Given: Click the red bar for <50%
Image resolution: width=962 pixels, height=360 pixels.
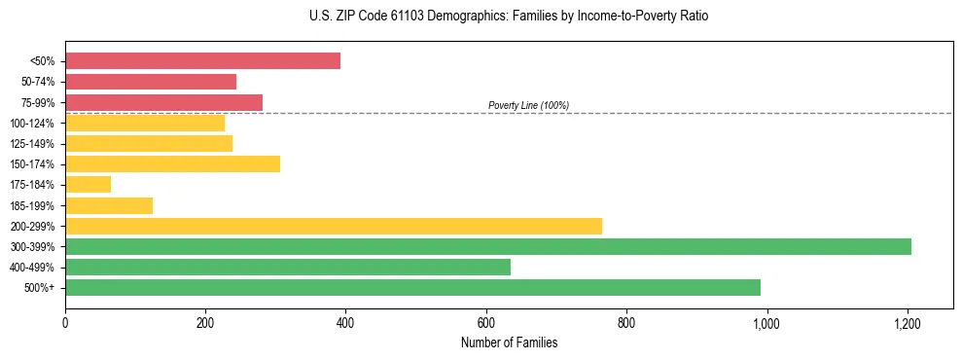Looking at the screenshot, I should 202,61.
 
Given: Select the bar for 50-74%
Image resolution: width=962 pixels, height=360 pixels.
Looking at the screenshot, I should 151,82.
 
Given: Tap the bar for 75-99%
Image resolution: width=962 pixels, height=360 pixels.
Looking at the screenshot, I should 163,102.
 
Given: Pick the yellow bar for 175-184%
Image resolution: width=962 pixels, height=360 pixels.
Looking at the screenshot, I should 88,184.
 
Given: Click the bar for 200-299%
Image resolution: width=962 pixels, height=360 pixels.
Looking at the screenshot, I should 334,226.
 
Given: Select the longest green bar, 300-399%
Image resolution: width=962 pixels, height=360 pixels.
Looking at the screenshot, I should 488,246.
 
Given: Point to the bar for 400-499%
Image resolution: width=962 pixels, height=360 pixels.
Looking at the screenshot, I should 288,267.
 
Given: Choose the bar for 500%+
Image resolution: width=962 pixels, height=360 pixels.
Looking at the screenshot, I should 412,287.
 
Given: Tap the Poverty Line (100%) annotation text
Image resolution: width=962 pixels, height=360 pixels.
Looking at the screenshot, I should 528,105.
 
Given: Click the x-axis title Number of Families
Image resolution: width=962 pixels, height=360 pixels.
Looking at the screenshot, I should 509,342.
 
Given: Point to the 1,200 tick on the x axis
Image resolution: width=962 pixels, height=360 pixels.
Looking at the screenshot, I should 907,322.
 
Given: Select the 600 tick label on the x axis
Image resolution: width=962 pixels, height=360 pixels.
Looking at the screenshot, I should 486,322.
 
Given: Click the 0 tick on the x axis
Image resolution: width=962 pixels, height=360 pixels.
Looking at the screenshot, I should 65,322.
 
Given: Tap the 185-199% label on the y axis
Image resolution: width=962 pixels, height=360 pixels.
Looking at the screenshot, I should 33,205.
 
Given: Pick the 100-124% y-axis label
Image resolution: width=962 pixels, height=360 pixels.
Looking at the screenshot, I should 33,123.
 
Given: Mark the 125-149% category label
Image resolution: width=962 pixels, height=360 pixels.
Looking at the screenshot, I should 33,144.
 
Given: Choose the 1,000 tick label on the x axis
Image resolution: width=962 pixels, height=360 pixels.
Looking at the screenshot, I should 766,322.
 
